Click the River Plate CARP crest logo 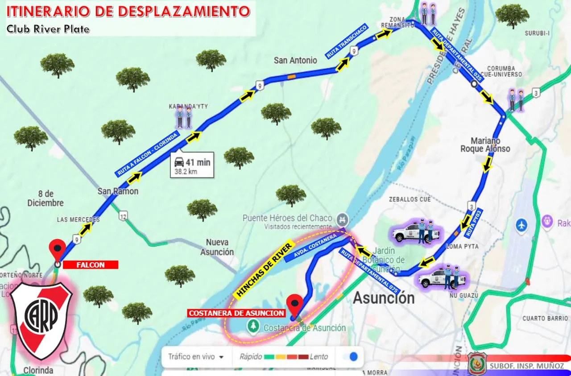tap(41, 320)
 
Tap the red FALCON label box tap(91, 265)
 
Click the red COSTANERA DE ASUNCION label tap(236, 313)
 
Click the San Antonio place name tap(295, 60)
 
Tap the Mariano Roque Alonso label tap(485, 144)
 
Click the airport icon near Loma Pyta tap(521, 225)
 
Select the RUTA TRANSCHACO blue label tap(347, 41)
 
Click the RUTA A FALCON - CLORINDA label tap(148, 153)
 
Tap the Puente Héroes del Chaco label tap(287, 218)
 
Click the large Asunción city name tap(384, 297)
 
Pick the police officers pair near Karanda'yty tap(184, 118)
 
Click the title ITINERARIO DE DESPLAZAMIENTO tap(128, 11)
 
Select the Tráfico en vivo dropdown tap(196, 357)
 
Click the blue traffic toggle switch tap(353, 357)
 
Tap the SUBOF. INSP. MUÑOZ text tap(526, 366)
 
